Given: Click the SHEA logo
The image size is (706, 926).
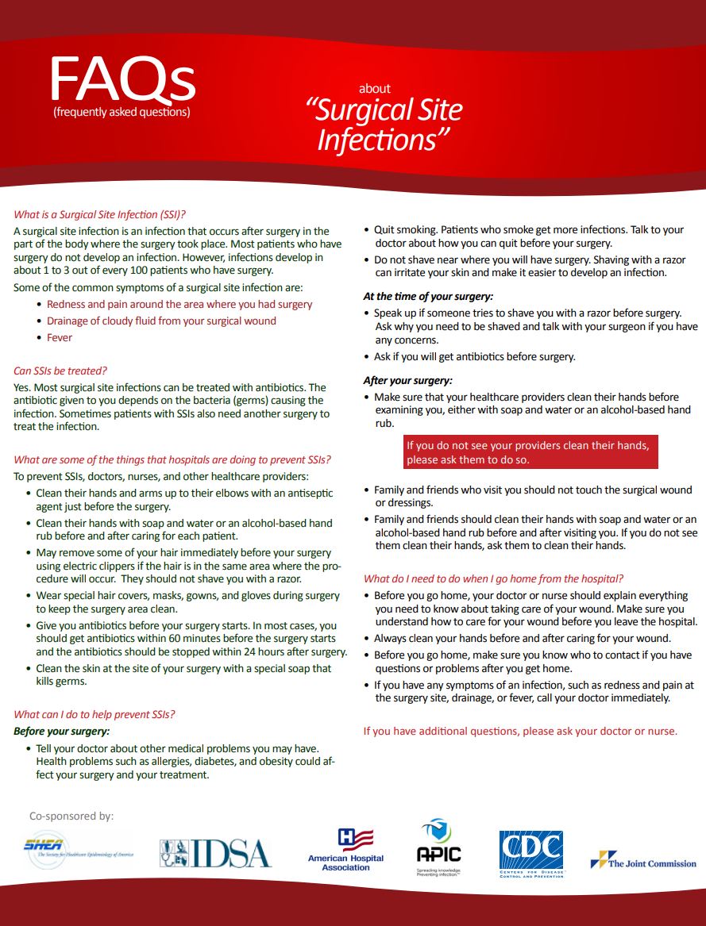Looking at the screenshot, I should tap(78, 851).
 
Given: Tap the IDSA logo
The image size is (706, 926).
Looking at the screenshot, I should tap(215, 853).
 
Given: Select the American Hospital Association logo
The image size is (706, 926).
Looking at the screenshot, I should tap(345, 850).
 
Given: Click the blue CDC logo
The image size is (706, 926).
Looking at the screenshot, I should tap(530, 854).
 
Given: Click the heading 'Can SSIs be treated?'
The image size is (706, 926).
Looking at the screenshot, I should tap(60, 371).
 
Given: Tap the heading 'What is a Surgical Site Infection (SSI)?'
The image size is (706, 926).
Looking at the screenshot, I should tap(99, 214).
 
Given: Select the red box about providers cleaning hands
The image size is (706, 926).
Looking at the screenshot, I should tap(530, 452).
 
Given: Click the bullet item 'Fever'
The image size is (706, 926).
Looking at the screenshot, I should tap(60, 338).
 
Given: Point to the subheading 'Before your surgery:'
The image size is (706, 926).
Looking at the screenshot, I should tap(62, 731).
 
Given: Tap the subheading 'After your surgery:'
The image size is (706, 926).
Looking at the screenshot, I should tap(408, 380).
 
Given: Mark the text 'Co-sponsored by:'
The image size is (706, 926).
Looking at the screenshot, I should tap(71, 816).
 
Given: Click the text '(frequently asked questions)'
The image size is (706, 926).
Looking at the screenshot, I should tap(122, 112).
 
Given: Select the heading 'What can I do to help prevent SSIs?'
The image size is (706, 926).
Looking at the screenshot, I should tap(95, 714).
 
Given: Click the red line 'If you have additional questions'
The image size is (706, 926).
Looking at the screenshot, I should tap(520, 731).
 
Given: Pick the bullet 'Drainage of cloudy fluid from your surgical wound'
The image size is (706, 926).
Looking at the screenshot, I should tap(161, 321).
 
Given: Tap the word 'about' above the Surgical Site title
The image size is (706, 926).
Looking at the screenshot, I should tap(374, 89).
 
